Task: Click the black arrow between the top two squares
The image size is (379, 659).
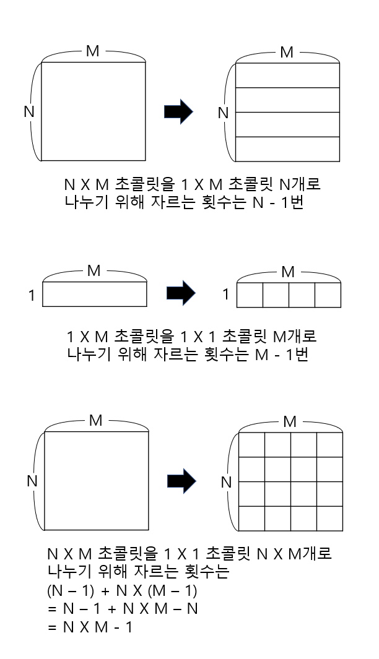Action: (x=178, y=112)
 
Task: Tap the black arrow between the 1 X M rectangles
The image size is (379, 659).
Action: (x=181, y=294)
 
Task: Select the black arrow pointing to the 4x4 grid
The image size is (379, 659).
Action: (x=182, y=481)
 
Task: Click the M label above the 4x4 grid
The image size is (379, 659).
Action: (x=289, y=422)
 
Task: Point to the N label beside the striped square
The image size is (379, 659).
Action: (x=224, y=113)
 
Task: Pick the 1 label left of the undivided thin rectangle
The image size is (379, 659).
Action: (x=32, y=296)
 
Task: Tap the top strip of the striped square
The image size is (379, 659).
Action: (x=289, y=75)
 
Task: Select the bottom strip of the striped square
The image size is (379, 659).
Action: (x=289, y=148)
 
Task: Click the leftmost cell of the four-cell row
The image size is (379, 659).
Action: (x=251, y=295)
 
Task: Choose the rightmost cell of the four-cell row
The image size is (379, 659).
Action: (x=328, y=295)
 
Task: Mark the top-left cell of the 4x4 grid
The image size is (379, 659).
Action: (x=252, y=444)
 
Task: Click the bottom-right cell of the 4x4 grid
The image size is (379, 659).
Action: (x=329, y=518)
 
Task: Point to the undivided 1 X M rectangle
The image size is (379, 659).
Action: (x=95, y=295)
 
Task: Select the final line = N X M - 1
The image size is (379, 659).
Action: (x=90, y=626)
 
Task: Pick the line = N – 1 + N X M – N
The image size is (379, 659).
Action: (x=123, y=608)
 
